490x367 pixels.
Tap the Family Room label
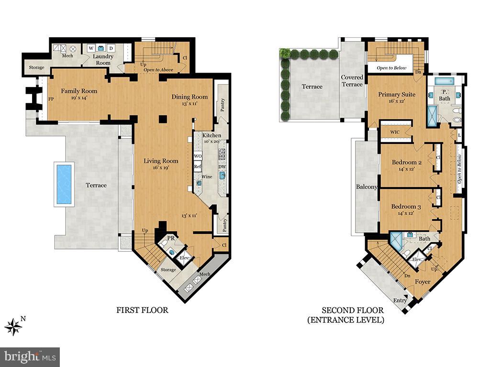[79, 91]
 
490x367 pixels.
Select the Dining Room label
[190, 97]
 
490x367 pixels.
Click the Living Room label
[161, 161]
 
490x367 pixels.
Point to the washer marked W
[90, 48]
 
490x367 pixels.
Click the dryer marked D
[111, 48]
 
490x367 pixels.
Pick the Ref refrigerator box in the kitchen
[197, 166]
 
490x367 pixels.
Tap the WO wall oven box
[198, 156]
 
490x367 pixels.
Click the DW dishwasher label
[222, 166]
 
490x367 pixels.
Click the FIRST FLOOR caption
[142, 310]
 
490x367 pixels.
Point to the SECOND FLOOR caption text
[345, 310]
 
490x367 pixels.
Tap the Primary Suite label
[397, 94]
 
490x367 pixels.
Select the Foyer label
[423, 282]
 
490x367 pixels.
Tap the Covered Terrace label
[352, 81]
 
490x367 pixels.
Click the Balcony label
[366, 187]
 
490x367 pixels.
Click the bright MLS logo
[30, 356]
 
